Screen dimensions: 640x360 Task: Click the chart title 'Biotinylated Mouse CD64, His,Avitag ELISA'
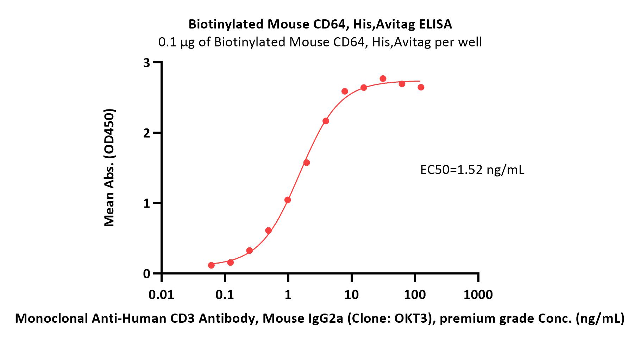pyautogui.click(x=320, y=24)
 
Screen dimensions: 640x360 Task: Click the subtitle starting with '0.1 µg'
pyautogui.click(x=320, y=42)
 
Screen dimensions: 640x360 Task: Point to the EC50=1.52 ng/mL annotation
pyautogui.click(x=472, y=170)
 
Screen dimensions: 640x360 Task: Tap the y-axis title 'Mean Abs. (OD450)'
pyautogui.click(x=109, y=168)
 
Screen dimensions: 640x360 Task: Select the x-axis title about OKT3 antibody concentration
pyautogui.click(x=320, y=318)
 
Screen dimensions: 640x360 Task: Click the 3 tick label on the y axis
pyautogui.click(x=146, y=63)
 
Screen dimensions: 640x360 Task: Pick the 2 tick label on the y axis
pyautogui.click(x=146, y=133)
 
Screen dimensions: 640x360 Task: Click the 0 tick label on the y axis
pyautogui.click(x=146, y=274)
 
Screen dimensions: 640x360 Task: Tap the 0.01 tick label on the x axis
pyautogui.click(x=161, y=295)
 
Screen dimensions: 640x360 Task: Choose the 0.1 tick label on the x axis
pyautogui.click(x=225, y=295)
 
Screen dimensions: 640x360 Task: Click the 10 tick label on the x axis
pyautogui.click(x=351, y=295)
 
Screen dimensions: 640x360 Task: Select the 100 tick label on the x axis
pyautogui.click(x=415, y=295)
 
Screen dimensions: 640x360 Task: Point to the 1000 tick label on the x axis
pyautogui.click(x=478, y=295)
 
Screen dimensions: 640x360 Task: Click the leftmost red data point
pyautogui.click(x=211, y=265)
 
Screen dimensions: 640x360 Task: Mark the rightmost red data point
pyautogui.click(x=421, y=87)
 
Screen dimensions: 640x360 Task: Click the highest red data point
pyautogui.click(x=383, y=78)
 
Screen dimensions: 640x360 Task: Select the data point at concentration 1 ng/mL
pyautogui.click(x=288, y=200)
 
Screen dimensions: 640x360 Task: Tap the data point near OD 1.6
pyautogui.click(x=307, y=163)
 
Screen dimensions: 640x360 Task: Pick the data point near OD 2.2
pyautogui.click(x=326, y=121)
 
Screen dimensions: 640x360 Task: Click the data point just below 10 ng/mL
pyautogui.click(x=345, y=91)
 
